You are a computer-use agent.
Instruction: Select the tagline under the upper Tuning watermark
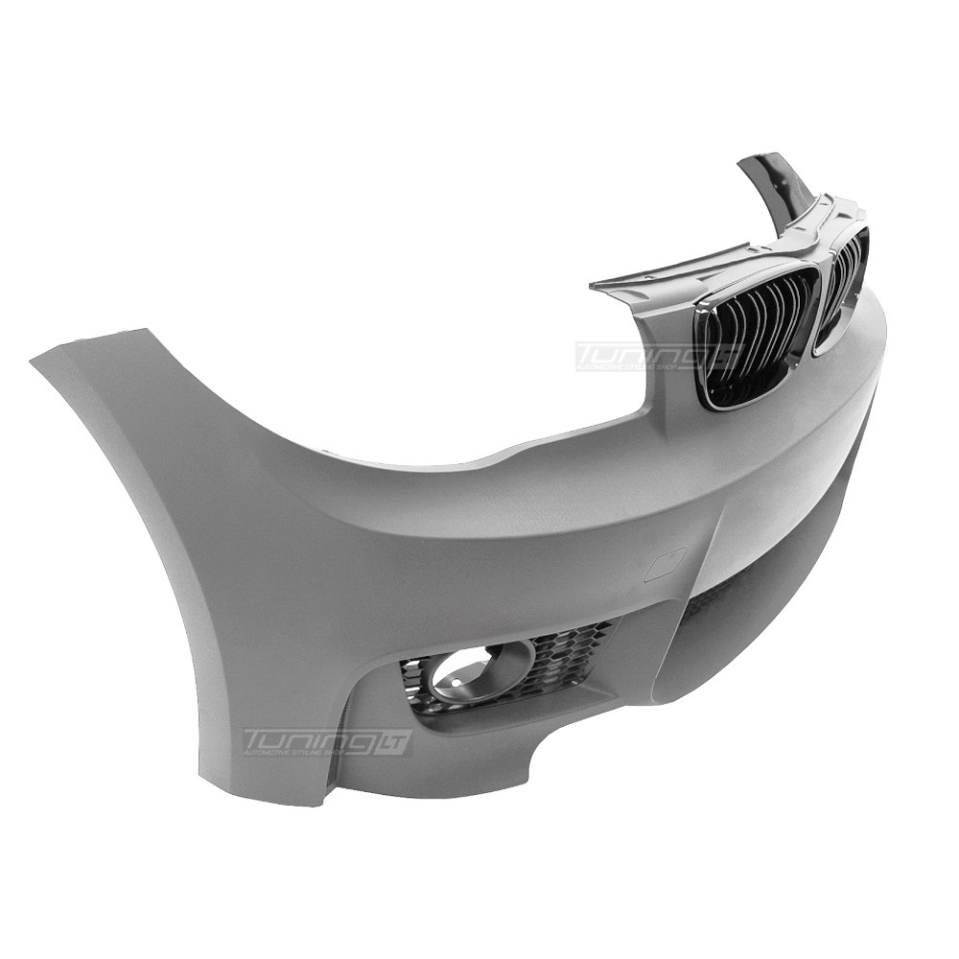pyautogui.click(x=633, y=367)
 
